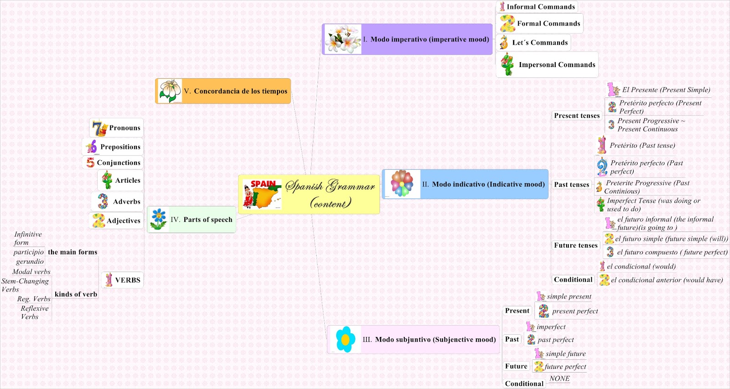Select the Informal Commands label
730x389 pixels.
tap(541, 7)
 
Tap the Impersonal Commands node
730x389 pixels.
tap(557, 65)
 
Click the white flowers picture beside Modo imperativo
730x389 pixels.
tap(343, 39)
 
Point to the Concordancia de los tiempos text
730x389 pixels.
tap(240, 91)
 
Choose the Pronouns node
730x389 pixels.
tap(125, 128)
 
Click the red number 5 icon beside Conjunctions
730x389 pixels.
tap(90, 163)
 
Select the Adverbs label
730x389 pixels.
tap(126, 202)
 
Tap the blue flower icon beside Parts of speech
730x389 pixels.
tap(158, 219)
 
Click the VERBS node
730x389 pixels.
tap(127, 280)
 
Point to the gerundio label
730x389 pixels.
tap(30, 262)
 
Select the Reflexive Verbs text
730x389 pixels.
tap(34, 313)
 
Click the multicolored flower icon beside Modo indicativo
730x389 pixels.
tap(402, 184)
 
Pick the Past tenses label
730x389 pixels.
tap(572, 185)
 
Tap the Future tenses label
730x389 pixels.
tap(576, 246)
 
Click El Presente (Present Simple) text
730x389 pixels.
tap(666, 90)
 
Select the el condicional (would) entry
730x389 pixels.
tap(641, 267)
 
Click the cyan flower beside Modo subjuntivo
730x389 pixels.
tap(345, 339)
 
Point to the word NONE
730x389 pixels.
tap(559, 378)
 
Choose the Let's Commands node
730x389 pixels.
tap(540, 43)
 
